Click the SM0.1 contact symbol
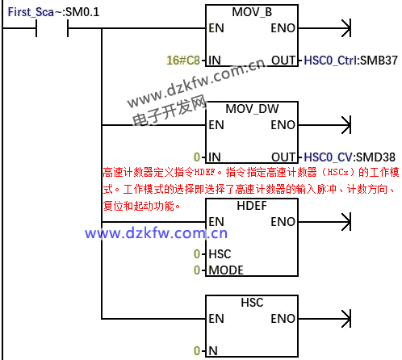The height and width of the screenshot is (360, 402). click(52, 28)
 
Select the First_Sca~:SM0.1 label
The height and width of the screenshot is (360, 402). click(53, 12)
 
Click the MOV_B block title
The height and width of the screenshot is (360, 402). click(252, 12)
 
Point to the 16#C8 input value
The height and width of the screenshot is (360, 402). click(183, 61)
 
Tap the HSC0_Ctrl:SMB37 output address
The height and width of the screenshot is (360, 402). click(350, 61)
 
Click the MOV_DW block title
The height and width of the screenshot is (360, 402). click(252, 109)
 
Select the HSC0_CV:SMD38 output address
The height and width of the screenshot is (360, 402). click(350, 157)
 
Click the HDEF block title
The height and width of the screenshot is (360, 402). click(252, 206)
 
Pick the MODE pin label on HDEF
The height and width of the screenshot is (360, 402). click(226, 270)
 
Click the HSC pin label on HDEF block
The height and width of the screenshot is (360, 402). click(220, 254)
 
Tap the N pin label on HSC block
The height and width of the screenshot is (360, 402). click(213, 351)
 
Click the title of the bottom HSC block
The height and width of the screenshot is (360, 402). click(252, 303)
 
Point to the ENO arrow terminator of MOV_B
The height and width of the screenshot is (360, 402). click(346, 28)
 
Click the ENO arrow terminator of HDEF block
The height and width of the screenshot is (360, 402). click(346, 222)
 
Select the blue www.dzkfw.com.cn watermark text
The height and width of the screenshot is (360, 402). click(156, 233)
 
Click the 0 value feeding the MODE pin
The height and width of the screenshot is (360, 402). click(197, 270)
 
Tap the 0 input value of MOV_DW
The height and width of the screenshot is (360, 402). click(197, 157)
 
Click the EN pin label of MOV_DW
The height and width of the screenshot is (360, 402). click(216, 125)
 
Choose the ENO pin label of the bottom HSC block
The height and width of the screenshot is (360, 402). click(283, 319)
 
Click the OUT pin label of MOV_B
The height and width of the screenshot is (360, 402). click(283, 61)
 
